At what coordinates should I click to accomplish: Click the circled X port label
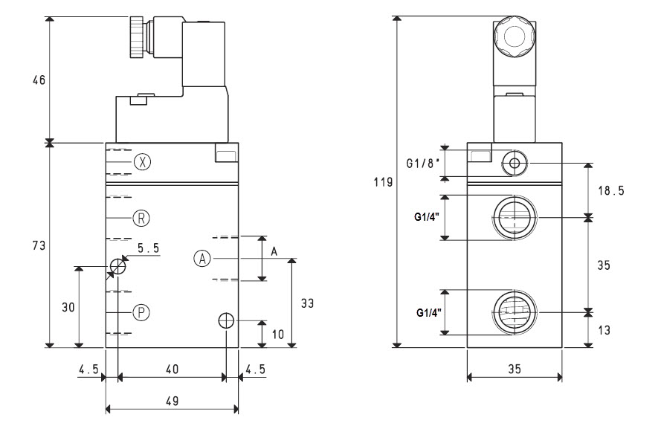tap(143, 161)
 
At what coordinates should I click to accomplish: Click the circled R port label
tap(142, 218)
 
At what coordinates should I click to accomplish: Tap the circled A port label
tap(202, 258)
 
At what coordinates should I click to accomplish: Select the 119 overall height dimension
tap(381, 181)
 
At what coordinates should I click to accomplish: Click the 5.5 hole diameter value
tap(148, 248)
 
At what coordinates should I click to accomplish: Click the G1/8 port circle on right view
tap(513, 162)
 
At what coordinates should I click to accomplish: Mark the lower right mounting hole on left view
tap(226, 320)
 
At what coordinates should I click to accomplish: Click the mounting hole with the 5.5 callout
tap(117, 265)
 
